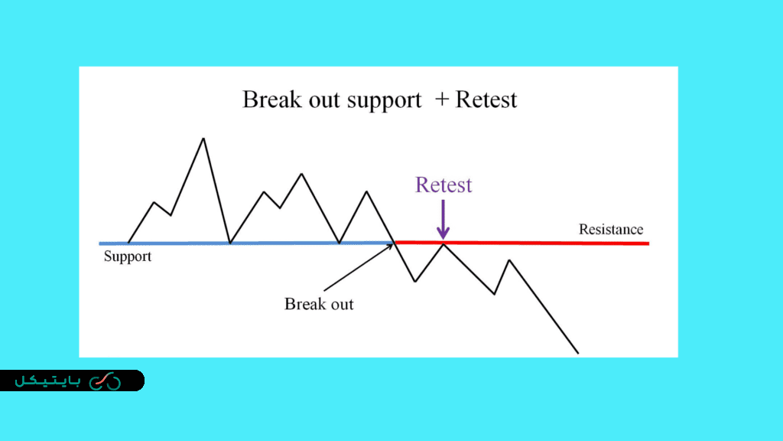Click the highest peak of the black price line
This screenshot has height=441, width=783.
[203, 139]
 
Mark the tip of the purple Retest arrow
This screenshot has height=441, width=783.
[443, 240]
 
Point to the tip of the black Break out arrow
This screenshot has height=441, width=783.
[394, 244]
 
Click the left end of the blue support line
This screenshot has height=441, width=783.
[99, 243]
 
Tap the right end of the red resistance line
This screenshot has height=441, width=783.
[648, 243]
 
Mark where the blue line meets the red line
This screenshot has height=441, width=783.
[395, 243]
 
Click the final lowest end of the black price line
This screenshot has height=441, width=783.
[578, 354]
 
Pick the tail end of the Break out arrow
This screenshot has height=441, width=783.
[324, 290]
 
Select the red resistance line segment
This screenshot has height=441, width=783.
[521, 243]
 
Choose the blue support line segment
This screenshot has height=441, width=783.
[247, 243]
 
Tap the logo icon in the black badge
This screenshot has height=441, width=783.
[106, 381]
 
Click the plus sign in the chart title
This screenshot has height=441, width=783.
[442, 100]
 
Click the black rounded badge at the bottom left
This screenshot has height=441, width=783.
[73, 381]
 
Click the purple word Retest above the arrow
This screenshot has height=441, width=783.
[443, 185]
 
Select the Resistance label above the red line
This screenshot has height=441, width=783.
[611, 229]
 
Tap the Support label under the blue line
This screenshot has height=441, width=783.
[128, 256]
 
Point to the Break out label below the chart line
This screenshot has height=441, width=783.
[319, 303]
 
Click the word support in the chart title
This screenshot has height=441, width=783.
[384, 100]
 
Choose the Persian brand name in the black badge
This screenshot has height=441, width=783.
[47, 381]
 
